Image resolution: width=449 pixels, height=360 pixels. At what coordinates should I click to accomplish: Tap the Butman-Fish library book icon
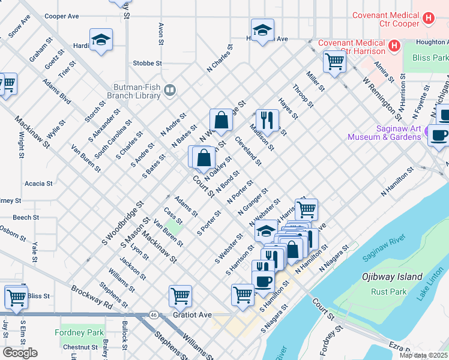[170, 90]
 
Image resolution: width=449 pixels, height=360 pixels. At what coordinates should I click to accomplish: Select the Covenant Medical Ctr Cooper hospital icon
[428, 19]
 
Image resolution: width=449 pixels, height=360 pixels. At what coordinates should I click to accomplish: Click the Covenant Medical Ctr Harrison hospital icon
[394, 46]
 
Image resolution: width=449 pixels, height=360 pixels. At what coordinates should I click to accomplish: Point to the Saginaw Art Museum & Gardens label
[384, 132]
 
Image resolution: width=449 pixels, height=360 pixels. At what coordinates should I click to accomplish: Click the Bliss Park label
[430, 58]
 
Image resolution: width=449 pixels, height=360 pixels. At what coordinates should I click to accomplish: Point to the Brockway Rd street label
[92, 297]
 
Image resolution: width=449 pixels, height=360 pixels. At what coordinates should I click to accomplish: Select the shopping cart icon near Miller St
[334, 61]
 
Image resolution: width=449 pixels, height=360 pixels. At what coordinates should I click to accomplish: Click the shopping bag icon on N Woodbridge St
[221, 119]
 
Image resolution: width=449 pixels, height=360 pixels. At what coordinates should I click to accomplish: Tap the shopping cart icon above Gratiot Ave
[180, 295]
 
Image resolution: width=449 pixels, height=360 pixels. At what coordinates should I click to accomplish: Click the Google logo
[19, 353]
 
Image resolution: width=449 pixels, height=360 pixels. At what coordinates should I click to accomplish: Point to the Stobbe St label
[148, 62]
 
